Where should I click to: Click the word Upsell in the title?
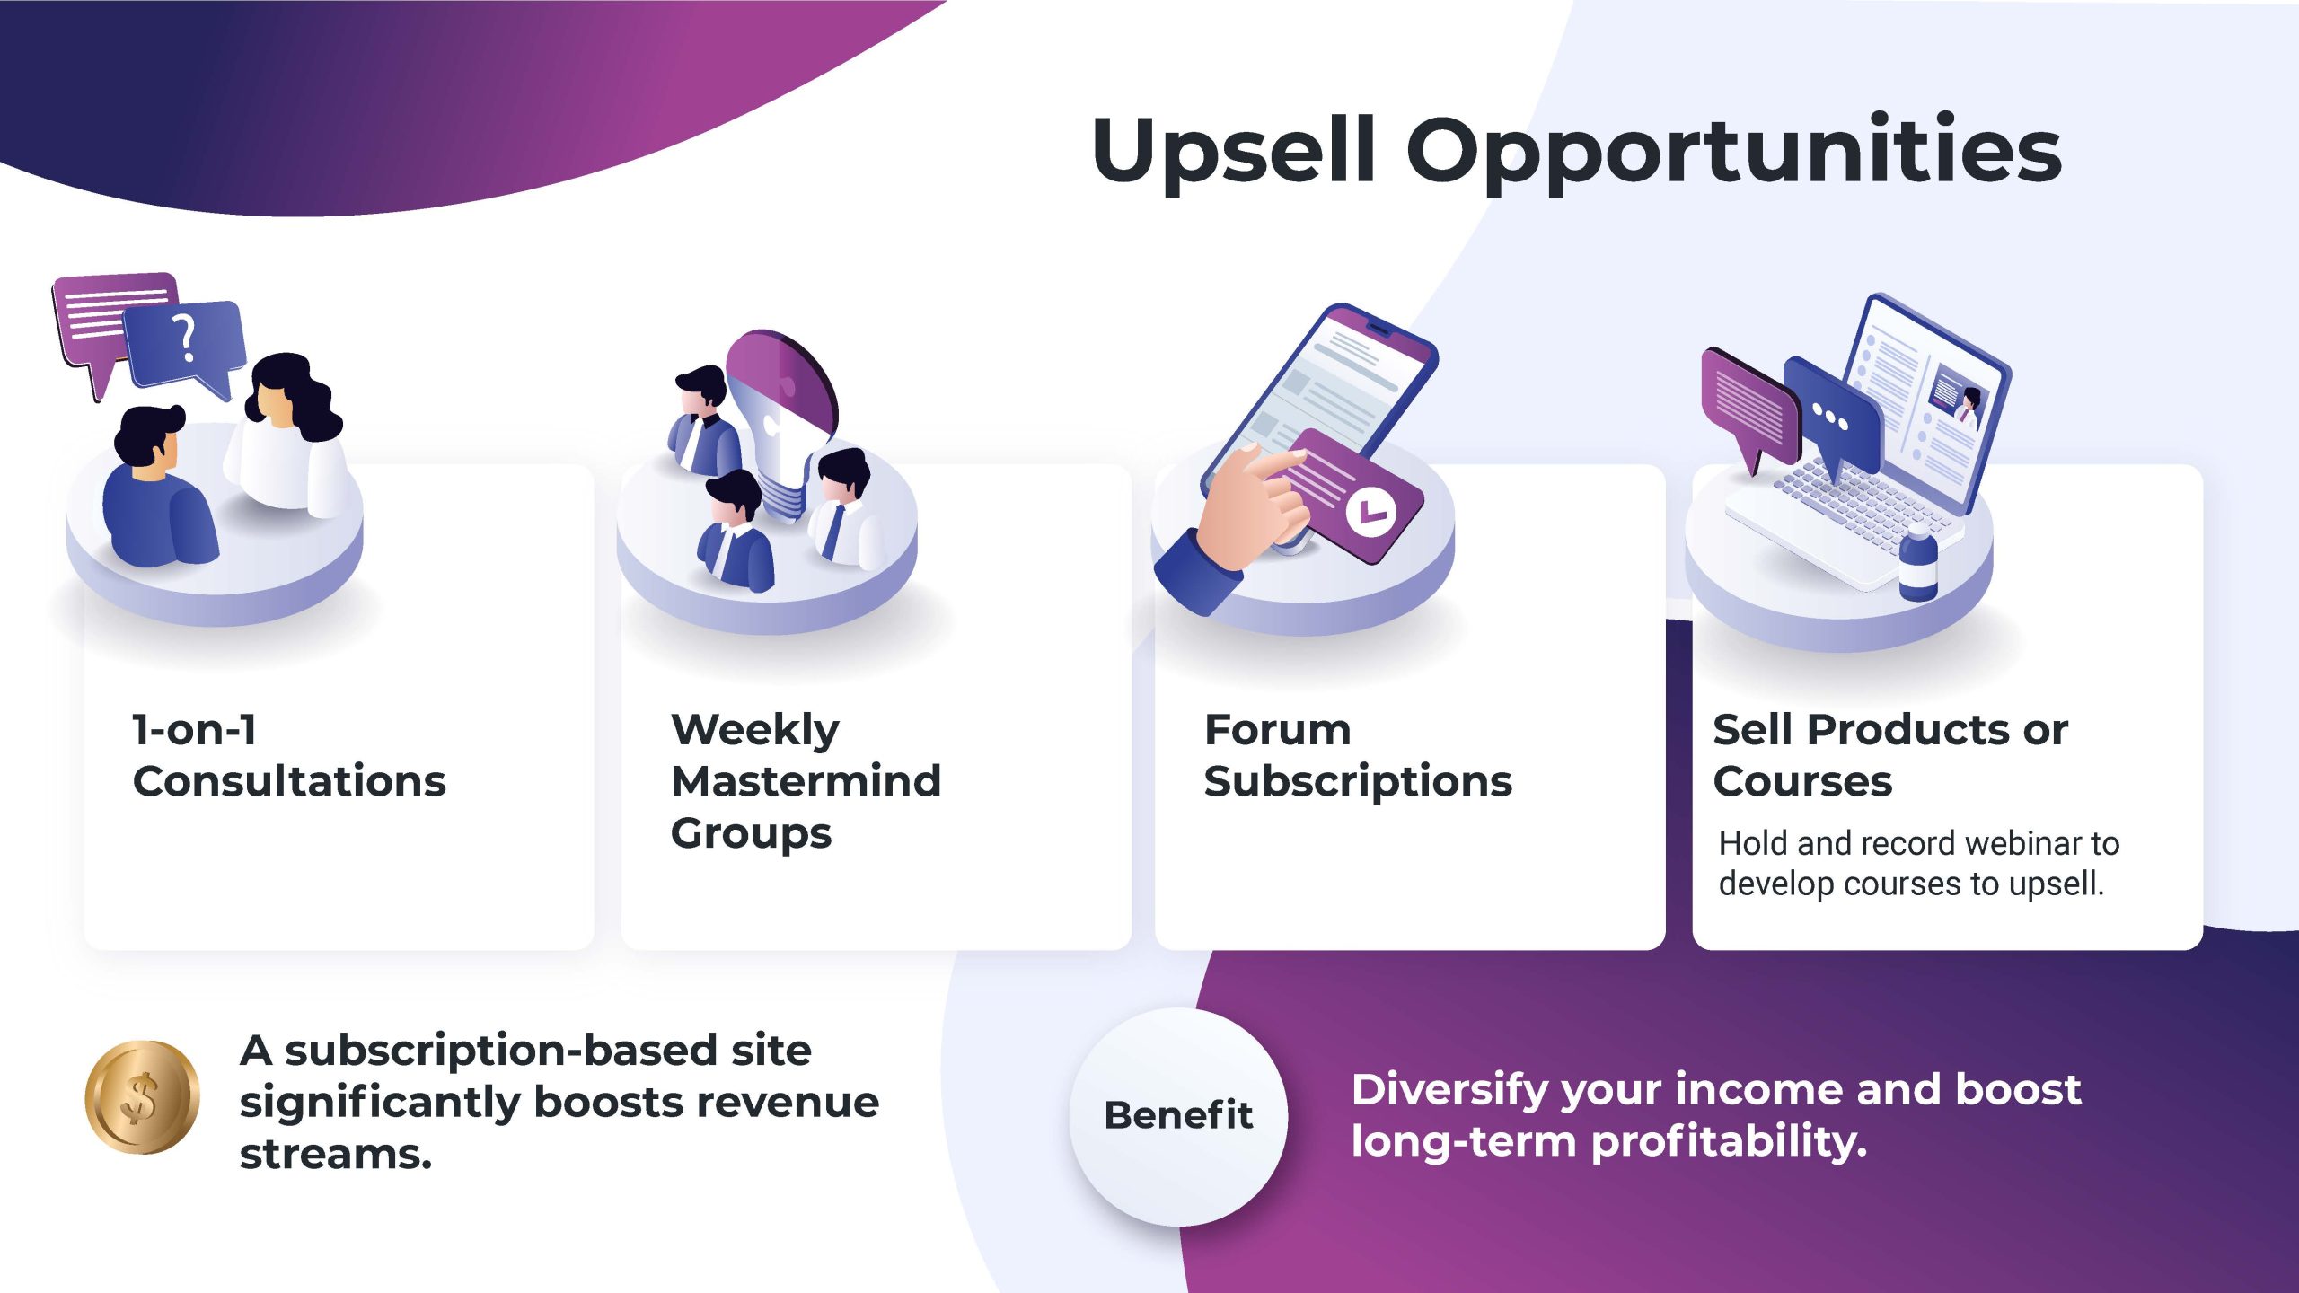pyautogui.click(x=1234, y=152)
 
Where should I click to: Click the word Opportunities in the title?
pyautogui.click(x=1734, y=152)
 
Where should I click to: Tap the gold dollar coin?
pyautogui.click(x=142, y=1096)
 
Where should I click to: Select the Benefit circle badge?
pyautogui.click(x=1178, y=1116)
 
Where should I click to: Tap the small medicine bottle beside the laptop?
pyautogui.click(x=1918, y=566)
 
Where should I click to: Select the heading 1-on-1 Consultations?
pyautogui.click(x=289, y=754)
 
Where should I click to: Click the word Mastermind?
pyautogui.click(x=806, y=780)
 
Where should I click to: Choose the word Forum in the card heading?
pyautogui.click(x=1277, y=729)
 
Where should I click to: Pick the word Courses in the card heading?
pyautogui.click(x=1802, y=781)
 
